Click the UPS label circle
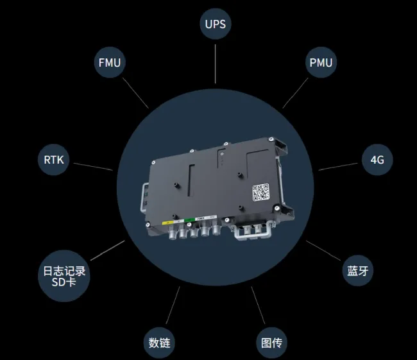(215, 26)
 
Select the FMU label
(110, 63)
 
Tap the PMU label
(320, 63)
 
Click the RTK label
(53, 159)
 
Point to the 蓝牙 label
(356, 270)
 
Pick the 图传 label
(270, 341)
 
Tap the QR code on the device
(260, 192)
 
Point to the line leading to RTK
(94, 167)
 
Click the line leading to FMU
(136, 93)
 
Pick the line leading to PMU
(294, 94)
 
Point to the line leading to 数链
(172, 305)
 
